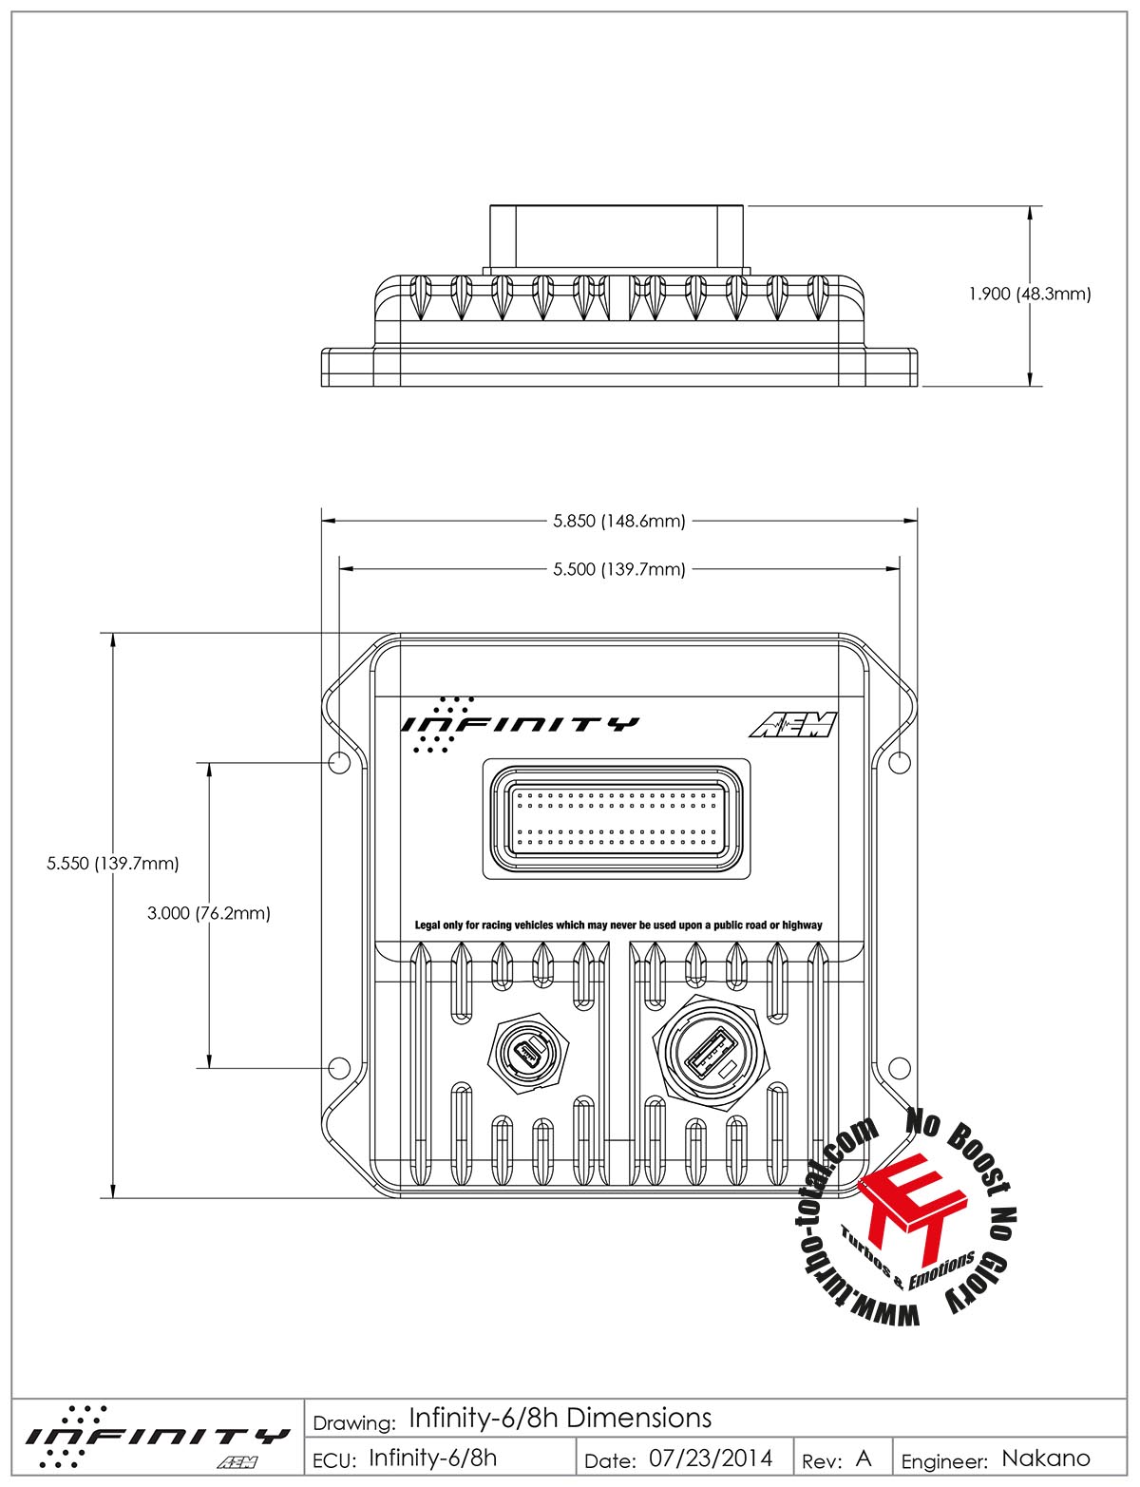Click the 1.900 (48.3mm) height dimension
pyautogui.click(x=1029, y=294)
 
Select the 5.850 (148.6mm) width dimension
pyautogui.click(x=618, y=521)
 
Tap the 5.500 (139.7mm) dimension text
pyautogui.click(x=618, y=569)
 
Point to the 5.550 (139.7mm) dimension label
pyautogui.click(x=113, y=864)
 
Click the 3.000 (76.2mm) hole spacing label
pyautogui.click(x=209, y=913)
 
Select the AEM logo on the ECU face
pyautogui.click(x=793, y=725)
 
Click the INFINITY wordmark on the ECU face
pyautogui.click(x=521, y=724)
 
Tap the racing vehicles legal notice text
pyautogui.click(x=618, y=925)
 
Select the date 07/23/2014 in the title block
pyautogui.click(x=711, y=1458)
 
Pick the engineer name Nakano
pyautogui.click(x=1046, y=1458)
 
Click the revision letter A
pyautogui.click(x=863, y=1458)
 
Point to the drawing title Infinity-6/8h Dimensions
pyautogui.click(x=560, y=1419)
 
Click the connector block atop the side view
pyautogui.click(x=617, y=236)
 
